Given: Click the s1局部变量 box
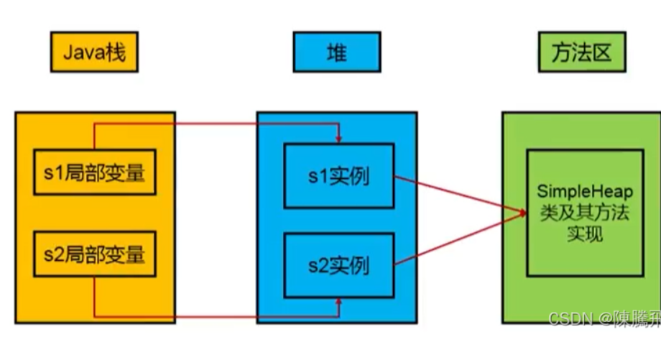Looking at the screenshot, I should tap(95, 173).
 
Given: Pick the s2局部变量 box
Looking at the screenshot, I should tap(95, 254).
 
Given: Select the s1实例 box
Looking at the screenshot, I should tap(339, 175).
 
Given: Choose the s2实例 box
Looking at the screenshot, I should tap(339, 265).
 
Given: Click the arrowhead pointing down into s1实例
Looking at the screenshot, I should tap(339, 139).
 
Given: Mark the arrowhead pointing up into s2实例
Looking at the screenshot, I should tap(339, 303).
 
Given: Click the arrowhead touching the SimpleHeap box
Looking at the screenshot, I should tap(522, 211).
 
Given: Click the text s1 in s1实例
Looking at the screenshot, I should tap(318, 176).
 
